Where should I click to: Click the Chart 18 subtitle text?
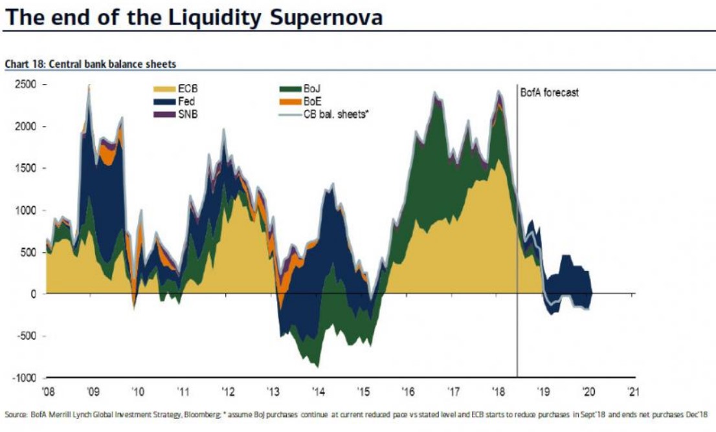(91, 64)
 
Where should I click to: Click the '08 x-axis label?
(48, 391)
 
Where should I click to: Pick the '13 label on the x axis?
(273, 391)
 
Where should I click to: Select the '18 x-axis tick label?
(498, 391)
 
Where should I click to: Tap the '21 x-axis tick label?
(633, 391)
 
